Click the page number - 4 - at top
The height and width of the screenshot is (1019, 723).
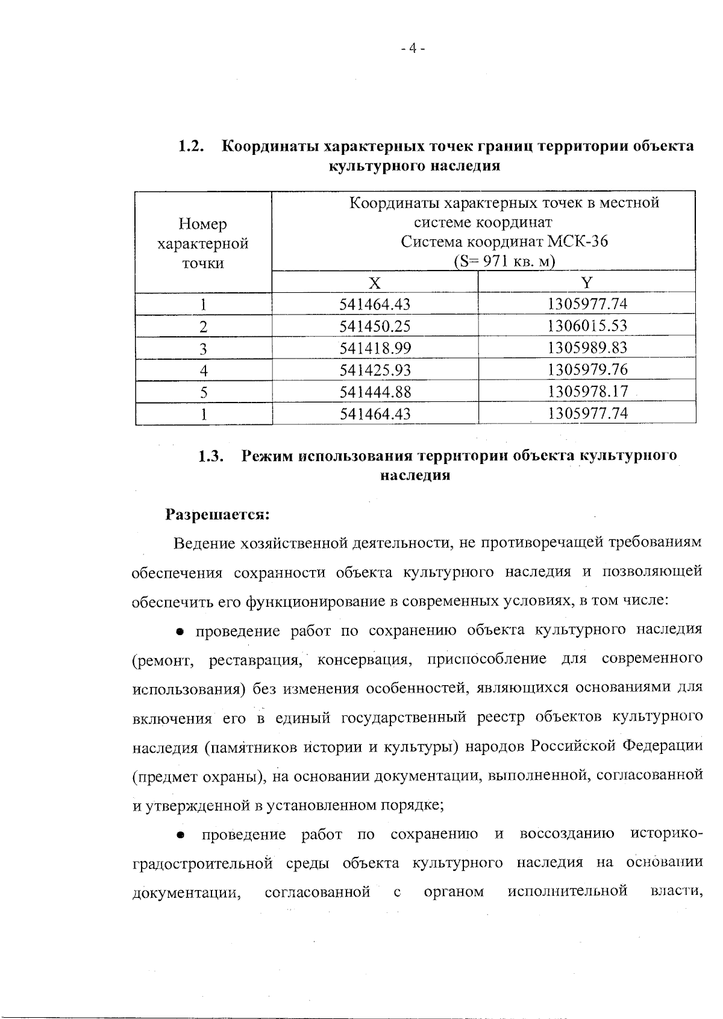(413, 49)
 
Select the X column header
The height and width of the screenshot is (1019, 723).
(375, 283)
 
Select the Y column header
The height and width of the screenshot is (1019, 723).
(586, 283)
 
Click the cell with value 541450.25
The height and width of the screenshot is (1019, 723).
(375, 326)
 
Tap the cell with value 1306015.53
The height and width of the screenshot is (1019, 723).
(587, 326)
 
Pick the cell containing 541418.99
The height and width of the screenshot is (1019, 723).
(375, 348)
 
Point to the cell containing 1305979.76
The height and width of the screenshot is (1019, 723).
(587, 369)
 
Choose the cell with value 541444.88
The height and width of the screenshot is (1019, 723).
(375, 392)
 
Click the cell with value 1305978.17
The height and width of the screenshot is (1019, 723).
(587, 392)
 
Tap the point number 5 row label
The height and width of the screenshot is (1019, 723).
(204, 392)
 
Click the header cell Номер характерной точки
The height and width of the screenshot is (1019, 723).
(203, 243)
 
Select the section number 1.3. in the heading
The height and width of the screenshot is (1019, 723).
(211, 456)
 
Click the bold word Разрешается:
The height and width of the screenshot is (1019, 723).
(217, 515)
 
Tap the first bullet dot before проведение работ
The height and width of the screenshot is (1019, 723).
(180, 632)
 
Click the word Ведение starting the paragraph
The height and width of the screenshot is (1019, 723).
(204, 544)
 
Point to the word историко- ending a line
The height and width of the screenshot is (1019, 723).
(666, 835)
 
